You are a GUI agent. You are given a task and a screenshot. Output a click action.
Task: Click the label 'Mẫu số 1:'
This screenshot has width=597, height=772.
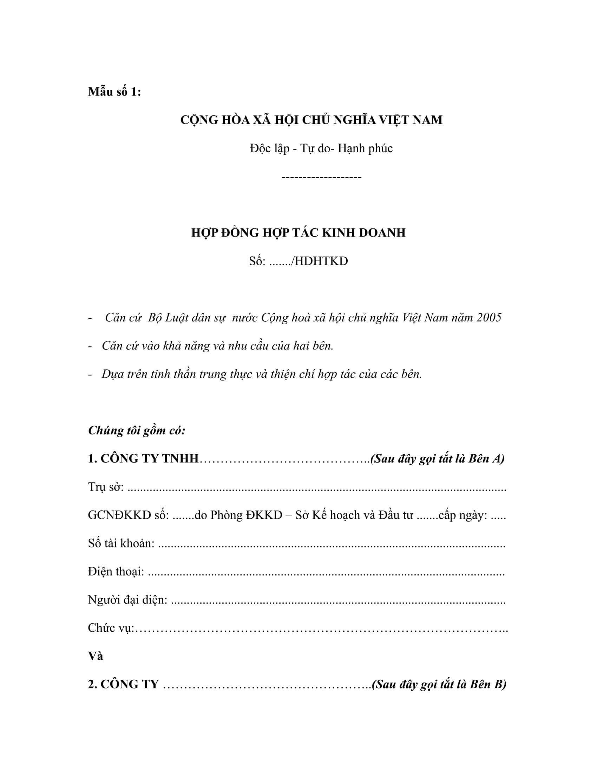point(114,92)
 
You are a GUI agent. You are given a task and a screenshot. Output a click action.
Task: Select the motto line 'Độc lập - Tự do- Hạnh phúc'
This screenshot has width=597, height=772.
point(321,148)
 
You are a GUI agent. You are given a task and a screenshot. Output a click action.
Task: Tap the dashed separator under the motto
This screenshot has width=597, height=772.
point(321,177)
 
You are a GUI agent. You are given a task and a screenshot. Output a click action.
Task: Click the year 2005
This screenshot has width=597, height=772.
point(489,318)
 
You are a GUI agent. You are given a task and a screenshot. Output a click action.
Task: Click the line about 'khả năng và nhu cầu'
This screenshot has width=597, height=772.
point(217,346)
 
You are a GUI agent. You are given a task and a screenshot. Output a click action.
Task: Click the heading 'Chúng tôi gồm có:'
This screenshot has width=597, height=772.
point(137,431)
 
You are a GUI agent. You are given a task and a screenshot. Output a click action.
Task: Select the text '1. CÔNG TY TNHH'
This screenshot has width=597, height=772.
point(143,459)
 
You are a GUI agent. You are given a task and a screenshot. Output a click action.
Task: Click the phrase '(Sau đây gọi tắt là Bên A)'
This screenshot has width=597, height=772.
point(437,459)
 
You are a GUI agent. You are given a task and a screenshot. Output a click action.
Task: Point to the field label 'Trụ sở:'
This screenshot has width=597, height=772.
point(106,487)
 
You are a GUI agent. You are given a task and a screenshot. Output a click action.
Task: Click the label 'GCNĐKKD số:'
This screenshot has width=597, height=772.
point(129,515)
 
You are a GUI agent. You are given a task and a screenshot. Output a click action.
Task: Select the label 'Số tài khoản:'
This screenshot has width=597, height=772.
point(121,543)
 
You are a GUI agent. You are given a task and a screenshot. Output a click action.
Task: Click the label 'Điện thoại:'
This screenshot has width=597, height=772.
point(116,572)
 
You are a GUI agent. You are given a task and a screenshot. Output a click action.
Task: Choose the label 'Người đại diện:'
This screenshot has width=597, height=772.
point(127,600)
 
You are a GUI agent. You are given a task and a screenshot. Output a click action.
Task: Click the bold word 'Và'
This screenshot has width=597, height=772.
point(96,657)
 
